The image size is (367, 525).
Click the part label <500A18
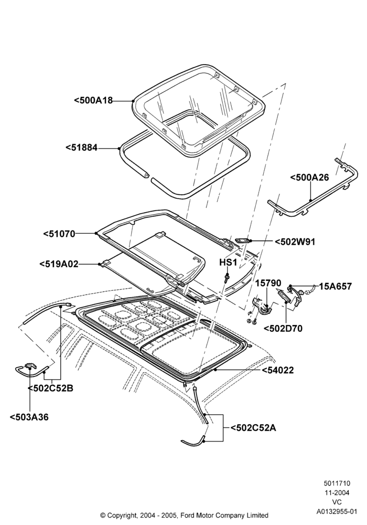(x=93, y=100)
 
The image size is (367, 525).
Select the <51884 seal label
(x=82, y=148)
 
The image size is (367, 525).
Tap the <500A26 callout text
(x=309, y=177)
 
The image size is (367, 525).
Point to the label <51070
(x=59, y=234)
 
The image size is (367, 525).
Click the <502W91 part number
(x=295, y=241)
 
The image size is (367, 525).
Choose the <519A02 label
(x=59, y=264)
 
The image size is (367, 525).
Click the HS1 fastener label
(x=228, y=262)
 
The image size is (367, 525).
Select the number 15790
(x=268, y=283)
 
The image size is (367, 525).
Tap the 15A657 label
(x=335, y=286)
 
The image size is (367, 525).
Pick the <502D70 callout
(x=283, y=329)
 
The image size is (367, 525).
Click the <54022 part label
(x=278, y=370)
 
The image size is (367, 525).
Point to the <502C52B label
(x=50, y=388)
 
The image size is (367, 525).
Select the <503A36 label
(x=29, y=417)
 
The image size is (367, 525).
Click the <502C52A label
(x=253, y=427)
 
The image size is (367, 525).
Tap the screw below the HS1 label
(x=228, y=278)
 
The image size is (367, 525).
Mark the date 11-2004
(x=337, y=492)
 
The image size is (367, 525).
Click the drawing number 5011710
(x=337, y=483)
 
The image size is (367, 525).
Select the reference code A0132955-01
(x=337, y=511)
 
